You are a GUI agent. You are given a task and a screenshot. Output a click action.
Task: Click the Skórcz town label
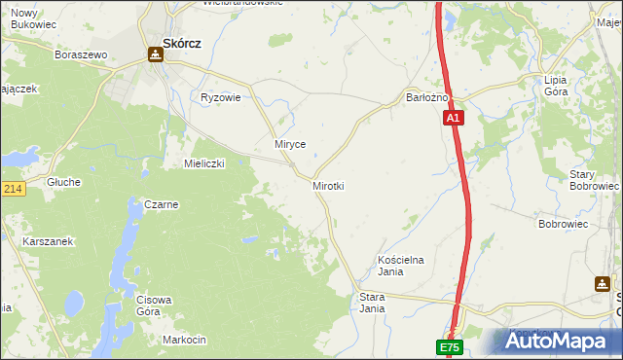[x=182, y=43]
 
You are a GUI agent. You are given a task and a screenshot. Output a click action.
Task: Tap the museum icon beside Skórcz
[x=155, y=54]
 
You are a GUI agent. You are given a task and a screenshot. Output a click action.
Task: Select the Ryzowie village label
[x=220, y=97]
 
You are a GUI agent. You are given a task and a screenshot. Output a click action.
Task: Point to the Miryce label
[x=290, y=144]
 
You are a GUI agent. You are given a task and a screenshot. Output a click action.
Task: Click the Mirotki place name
[x=329, y=185]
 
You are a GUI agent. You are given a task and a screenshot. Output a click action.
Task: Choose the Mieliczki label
[x=204, y=163]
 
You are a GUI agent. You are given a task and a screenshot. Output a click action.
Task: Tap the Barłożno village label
[x=426, y=97]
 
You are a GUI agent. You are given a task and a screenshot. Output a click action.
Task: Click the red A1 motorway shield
[x=455, y=118]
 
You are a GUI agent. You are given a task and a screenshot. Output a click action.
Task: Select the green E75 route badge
[x=449, y=347]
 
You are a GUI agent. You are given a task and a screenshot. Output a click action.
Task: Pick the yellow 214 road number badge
[x=12, y=189]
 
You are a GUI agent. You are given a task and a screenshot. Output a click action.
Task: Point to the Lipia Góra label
[x=556, y=86]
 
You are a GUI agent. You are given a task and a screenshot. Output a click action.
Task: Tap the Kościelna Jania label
[x=402, y=266]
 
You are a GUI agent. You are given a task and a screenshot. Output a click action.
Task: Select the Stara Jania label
[x=372, y=302]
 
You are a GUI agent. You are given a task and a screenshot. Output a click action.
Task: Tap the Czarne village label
[x=161, y=204]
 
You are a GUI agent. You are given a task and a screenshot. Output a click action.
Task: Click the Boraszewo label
[x=82, y=55]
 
